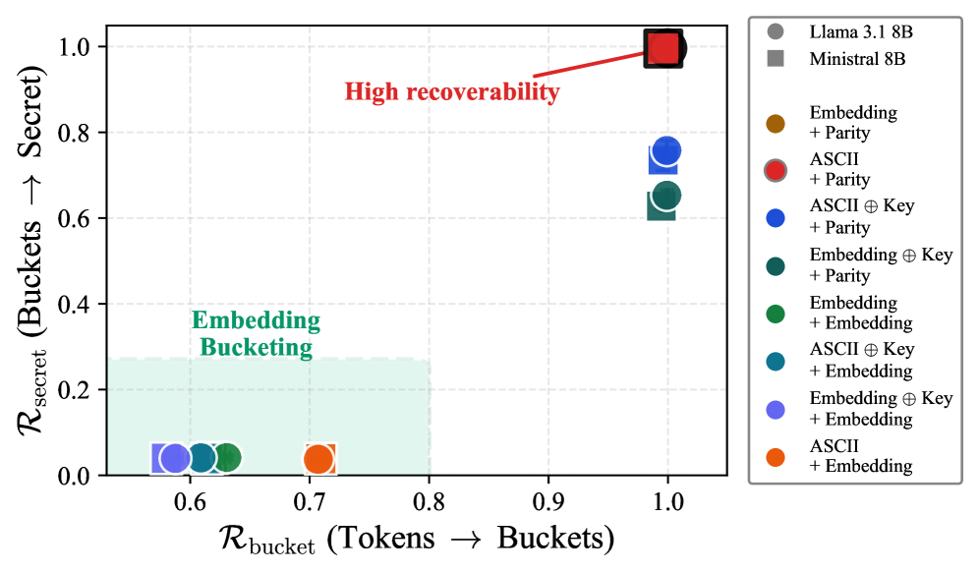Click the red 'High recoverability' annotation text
(451, 92)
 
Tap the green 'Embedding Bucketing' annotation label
(256, 333)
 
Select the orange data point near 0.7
(317, 458)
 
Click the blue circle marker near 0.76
(666, 150)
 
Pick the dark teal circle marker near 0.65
(666, 196)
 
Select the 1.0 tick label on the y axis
(79, 46)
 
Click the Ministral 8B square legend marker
(776, 58)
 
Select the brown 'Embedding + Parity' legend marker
(776, 123)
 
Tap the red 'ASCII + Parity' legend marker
(776, 170)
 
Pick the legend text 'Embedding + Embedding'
(860, 314)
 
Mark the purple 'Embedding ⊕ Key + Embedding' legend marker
(776, 409)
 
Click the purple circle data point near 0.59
(175, 458)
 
